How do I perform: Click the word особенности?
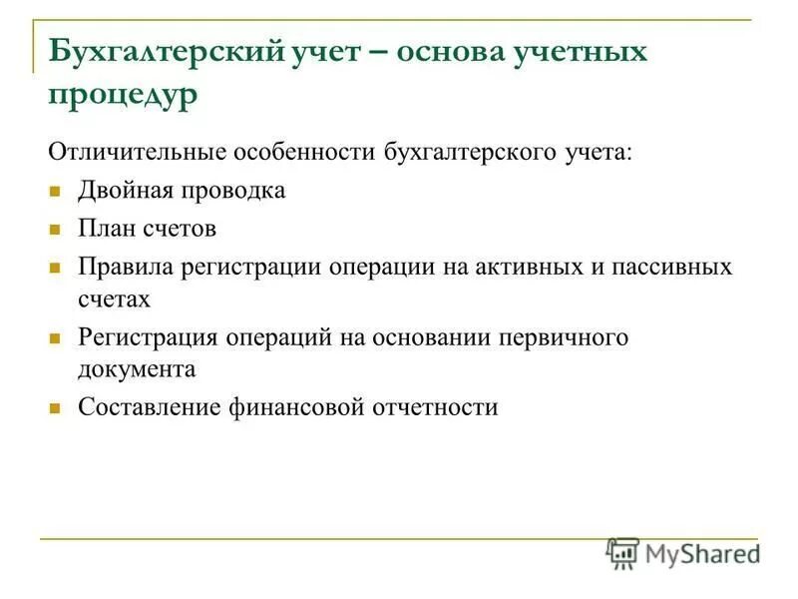click(x=303, y=153)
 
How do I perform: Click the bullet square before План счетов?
click(x=57, y=230)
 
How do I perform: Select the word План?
click(x=106, y=229)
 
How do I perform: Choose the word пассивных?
click(x=678, y=268)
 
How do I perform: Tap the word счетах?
click(x=114, y=298)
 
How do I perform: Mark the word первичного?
click(x=569, y=337)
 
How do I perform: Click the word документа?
click(x=136, y=367)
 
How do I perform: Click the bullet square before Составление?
click(x=57, y=407)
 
